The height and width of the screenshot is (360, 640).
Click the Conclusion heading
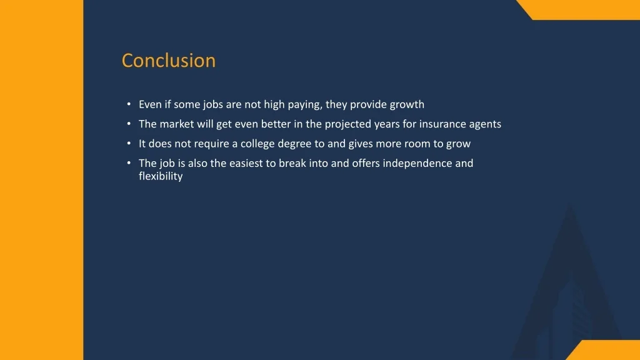(169, 61)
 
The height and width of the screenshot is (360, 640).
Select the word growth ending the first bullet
(407, 104)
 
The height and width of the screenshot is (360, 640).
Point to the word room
(416, 144)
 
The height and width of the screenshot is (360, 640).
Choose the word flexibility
(161, 176)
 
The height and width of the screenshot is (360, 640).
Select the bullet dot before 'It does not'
(127, 143)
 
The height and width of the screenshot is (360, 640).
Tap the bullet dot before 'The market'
(127, 124)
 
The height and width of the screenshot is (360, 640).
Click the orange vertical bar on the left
(41, 180)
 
